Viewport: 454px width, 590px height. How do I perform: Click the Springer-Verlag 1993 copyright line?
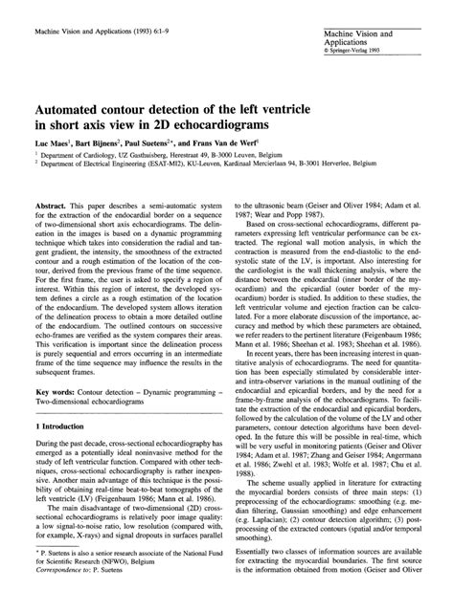coord(356,51)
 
